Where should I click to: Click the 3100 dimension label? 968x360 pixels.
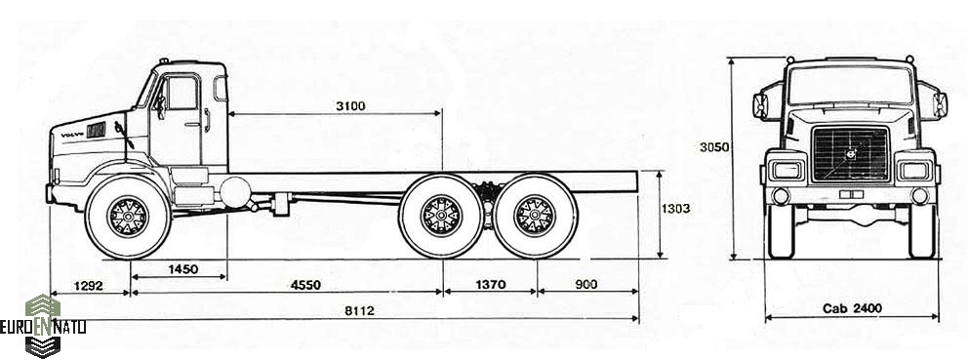350,106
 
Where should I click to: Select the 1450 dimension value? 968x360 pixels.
183,269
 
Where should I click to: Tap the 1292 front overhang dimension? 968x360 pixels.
88,286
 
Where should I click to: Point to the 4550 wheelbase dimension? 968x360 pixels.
306,285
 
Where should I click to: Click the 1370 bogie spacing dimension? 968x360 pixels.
491,285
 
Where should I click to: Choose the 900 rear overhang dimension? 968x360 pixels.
585,285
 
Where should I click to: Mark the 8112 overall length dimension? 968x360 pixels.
359,311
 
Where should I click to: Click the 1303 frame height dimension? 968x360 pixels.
676,210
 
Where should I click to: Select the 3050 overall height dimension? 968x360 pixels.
714,147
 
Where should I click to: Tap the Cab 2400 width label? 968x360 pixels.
852,308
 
